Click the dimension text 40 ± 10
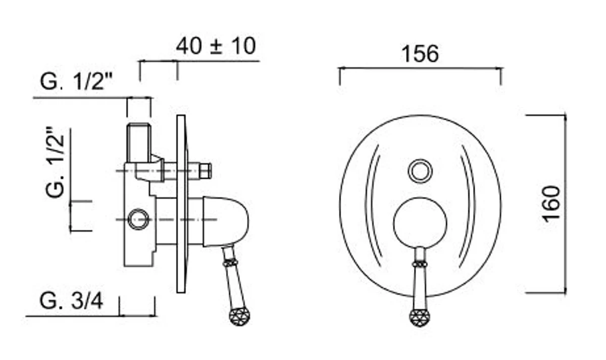click(216, 46)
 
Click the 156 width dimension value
click(420, 54)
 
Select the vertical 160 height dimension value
click(553, 202)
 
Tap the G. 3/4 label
click(71, 301)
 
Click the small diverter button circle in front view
click(420, 171)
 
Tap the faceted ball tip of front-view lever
click(420, 318)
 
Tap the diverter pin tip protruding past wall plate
click(206, 171)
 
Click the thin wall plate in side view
click(181, 204)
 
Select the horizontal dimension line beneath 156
click(420, 68)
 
